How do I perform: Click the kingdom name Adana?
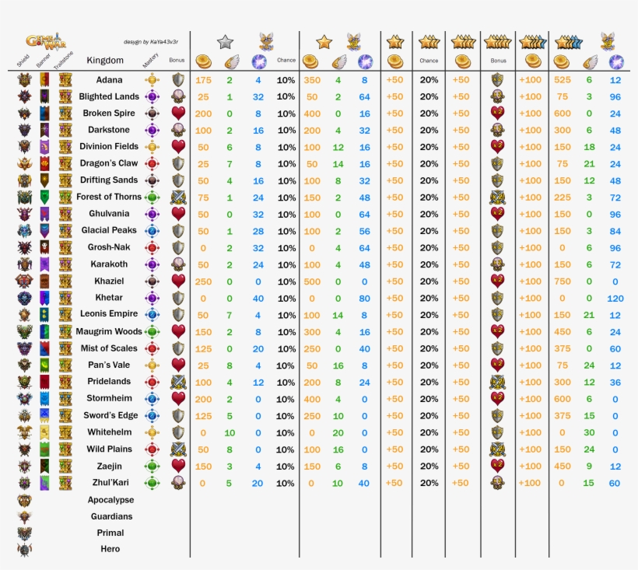[x=110, y=79]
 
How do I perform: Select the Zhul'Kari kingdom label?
[x=109, y=483]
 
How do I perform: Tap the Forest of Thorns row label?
[x=109, y=197]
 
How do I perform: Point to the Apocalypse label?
[x=110, y=500]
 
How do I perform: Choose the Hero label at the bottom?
[x=110, y=549]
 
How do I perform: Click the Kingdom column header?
[x=105, y=61]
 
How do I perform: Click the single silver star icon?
[x=225, y=42]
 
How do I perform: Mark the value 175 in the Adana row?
[x=204, y=80]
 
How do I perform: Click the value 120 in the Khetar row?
[x=615, y=298]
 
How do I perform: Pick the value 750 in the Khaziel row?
[x=563, y=281]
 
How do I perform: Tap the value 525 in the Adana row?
[x=563, y=80]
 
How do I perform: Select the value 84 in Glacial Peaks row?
[x=615, y=231]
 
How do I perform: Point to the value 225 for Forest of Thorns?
[x=563, y=198]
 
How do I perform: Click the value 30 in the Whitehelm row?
[x=589, y=432]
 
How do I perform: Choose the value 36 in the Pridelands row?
[x=615, y=382]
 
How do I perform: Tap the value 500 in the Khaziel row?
[x=311, y=281]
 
